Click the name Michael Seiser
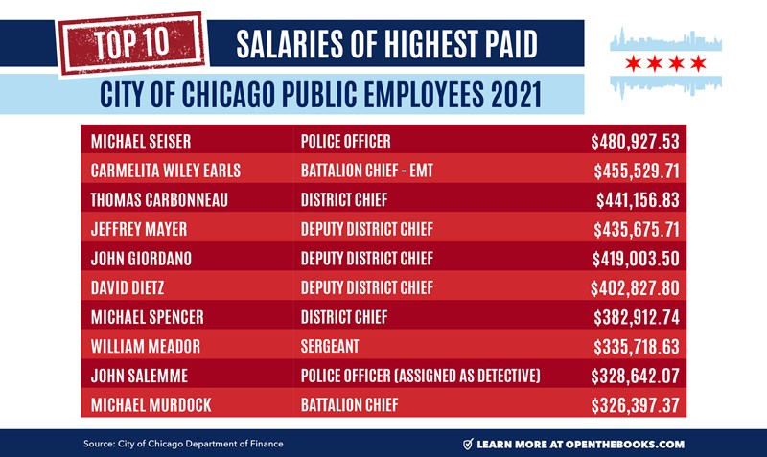click(x=141, y=142)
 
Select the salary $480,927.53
click(x=634, y=142)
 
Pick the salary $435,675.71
click(x=636, y=229)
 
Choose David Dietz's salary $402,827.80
click(x=636, y=287)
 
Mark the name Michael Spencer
click(x=147, y=317)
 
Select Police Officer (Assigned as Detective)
click(x=420, y=376)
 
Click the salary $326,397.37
click(x=636, y=404)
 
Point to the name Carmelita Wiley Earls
click(x=166, y=171)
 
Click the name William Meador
click(x=145, y=346)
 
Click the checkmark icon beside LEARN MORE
click(x=468, y=444)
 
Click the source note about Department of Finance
click(x=183, y=444)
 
